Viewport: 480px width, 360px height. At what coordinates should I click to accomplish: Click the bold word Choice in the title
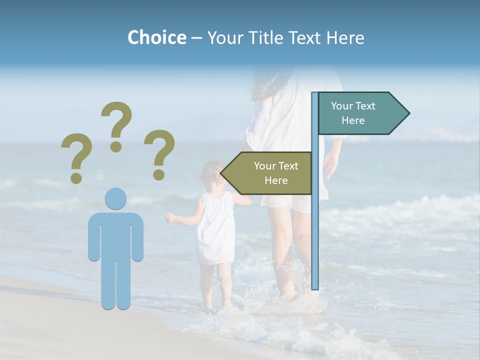(156, 37)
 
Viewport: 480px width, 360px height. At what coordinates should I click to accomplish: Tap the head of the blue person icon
(115, 198)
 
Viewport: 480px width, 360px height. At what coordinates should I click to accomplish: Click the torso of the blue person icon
(115, 235)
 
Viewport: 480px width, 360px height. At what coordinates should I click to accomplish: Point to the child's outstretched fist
(170, 217)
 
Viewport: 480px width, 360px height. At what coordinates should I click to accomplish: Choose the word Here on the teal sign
(353, 120)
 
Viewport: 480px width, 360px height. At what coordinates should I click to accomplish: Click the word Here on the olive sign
(276, 180)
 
